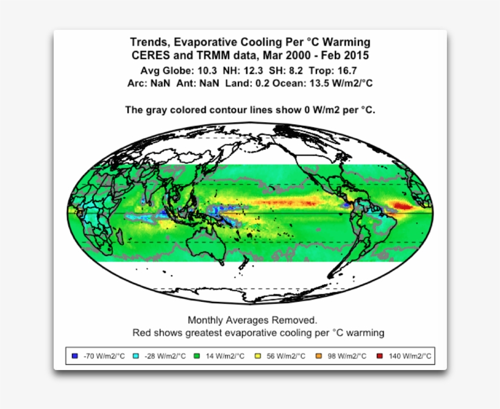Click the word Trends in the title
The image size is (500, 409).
[x=149, y=42]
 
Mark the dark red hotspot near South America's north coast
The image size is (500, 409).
[x=402, y=206]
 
